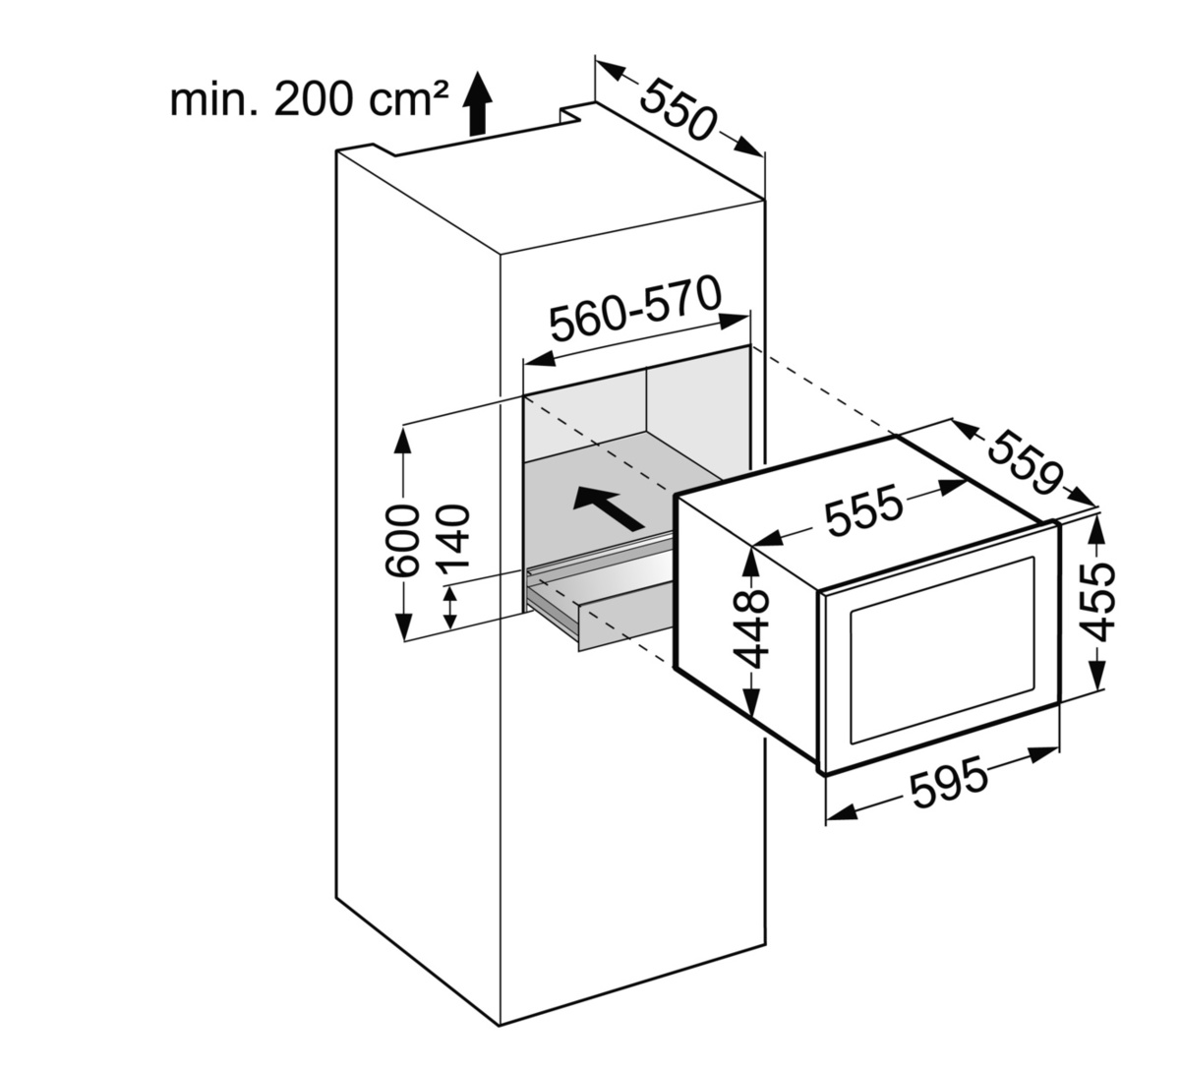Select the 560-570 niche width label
tap(635, 310)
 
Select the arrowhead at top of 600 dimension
tap(404, 437)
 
